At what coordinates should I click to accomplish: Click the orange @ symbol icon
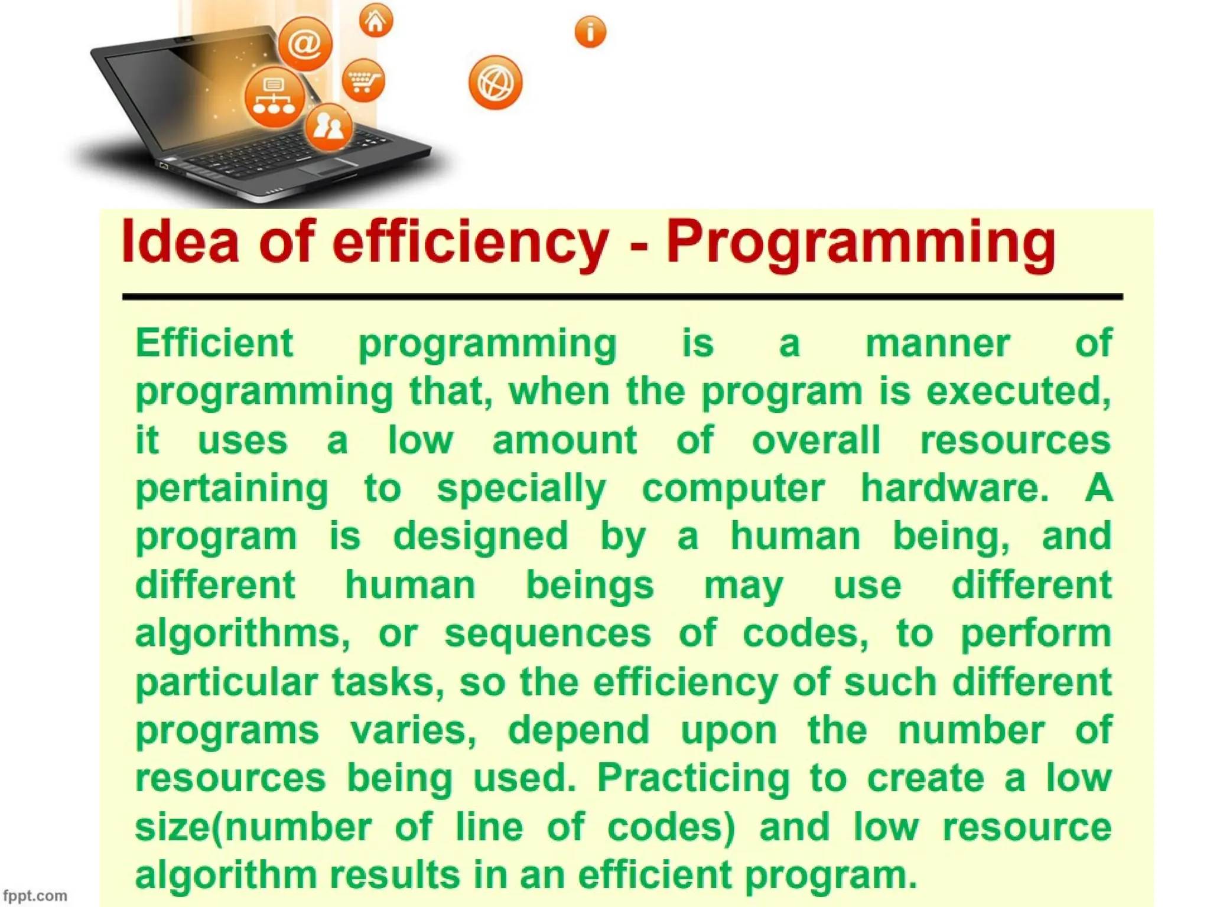pos(305,44)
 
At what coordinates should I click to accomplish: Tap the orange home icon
pos(376,21)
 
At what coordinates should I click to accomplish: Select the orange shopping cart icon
pos(363,80)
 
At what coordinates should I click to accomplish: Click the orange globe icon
pos(495,83)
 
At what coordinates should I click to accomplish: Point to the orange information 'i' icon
pos(590,31)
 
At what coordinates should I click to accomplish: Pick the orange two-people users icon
pos(328,126)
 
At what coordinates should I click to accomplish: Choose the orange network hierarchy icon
pos(274,97)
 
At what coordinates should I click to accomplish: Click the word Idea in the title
pos(180,242)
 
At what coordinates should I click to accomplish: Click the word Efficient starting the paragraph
pos(214,343)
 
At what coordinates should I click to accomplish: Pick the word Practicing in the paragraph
pos(694,778)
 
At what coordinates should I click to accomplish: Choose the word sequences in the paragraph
pos(548,633)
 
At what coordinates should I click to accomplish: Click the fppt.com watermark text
pos(35,896)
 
